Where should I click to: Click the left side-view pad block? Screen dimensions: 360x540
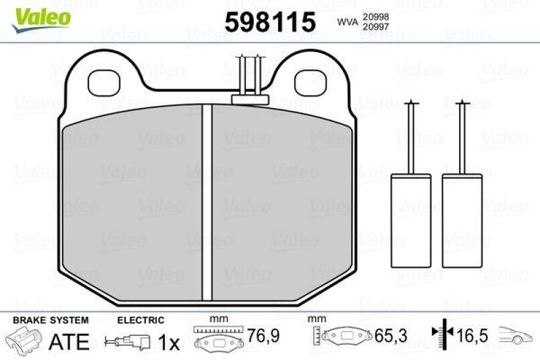pos(412,220)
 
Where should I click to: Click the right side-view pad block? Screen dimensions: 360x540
pos(462,220)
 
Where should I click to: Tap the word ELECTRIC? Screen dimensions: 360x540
pos(140,320)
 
